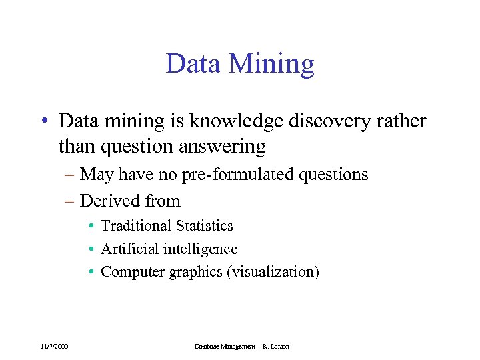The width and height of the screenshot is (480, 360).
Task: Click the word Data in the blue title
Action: point(193,64)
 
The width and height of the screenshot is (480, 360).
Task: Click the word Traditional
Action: point(137,226)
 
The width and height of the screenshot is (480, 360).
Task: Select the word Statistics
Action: point(205,226)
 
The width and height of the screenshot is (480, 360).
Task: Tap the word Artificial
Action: point(129,249)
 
